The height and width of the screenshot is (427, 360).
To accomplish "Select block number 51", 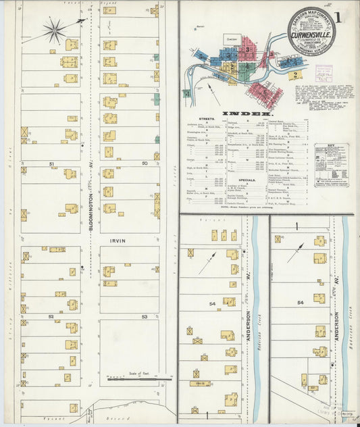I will click(51, 164).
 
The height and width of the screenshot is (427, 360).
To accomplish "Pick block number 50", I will click(144, 164).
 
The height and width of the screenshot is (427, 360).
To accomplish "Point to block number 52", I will click(51, 316).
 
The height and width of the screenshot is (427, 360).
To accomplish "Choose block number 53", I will click(144, 316).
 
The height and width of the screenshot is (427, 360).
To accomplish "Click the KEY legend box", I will click(331, 164).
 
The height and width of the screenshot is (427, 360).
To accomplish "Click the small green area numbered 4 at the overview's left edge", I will click(186, 94).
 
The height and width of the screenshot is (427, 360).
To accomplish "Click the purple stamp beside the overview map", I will click(324, 72).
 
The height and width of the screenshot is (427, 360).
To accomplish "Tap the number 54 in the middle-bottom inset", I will click(213, 305).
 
